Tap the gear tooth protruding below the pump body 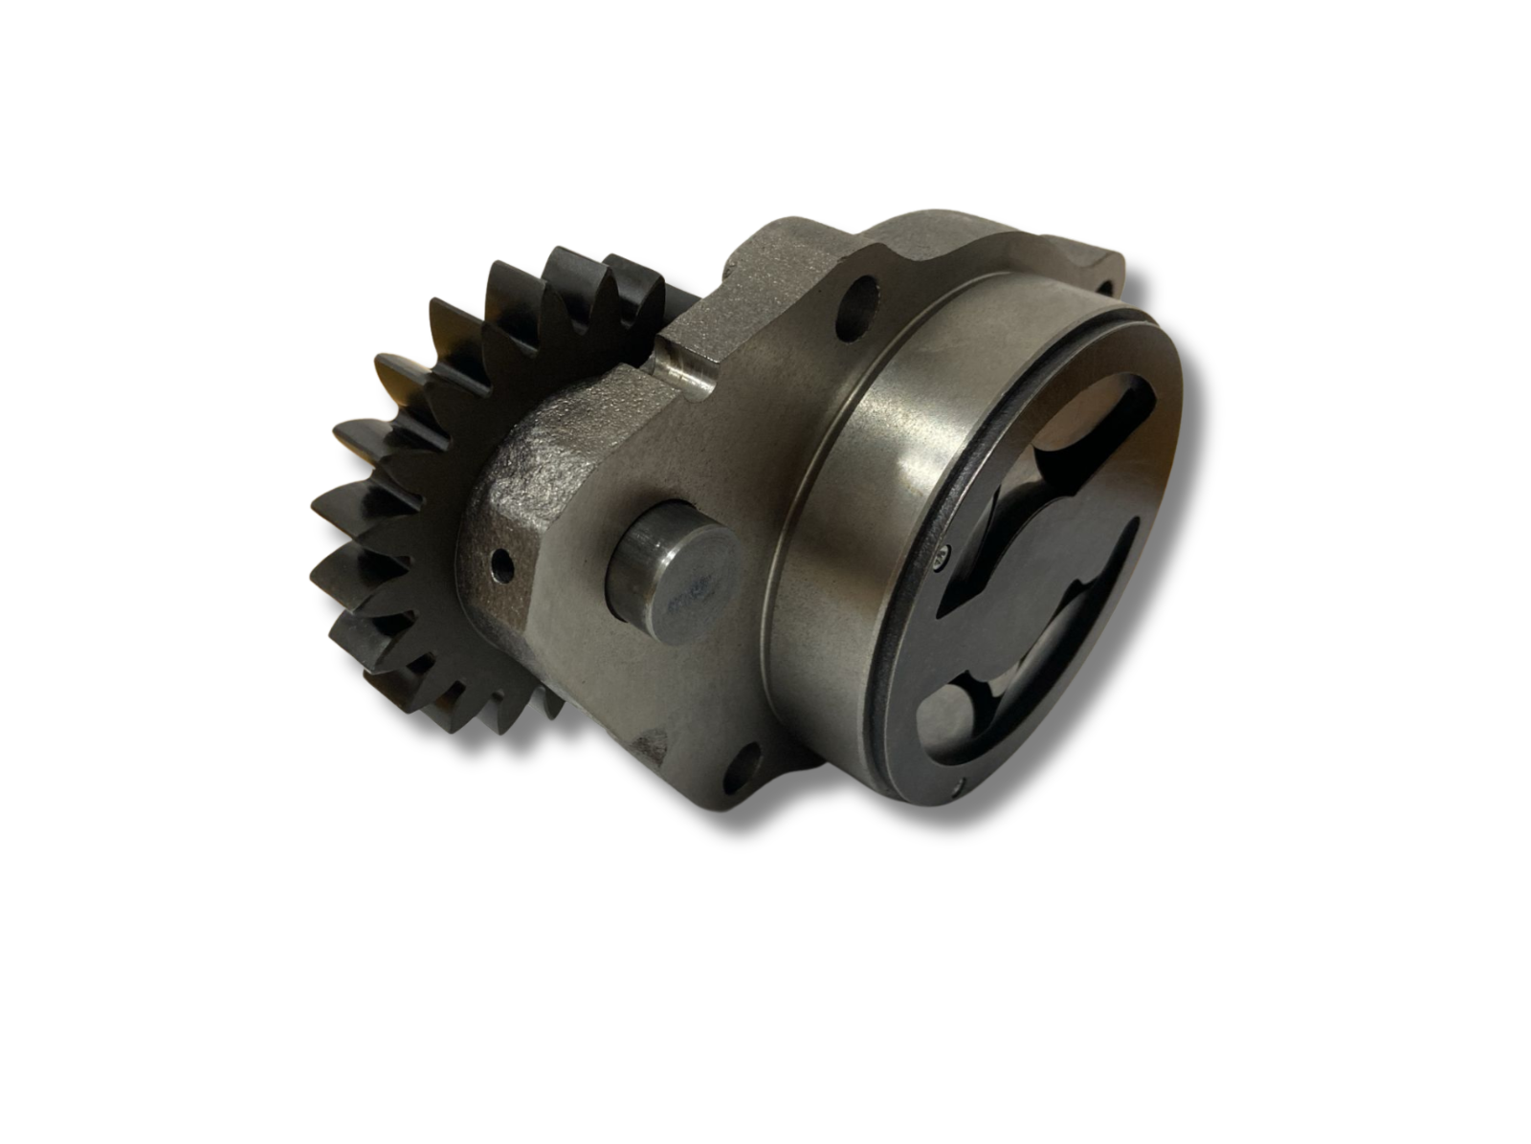545,703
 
